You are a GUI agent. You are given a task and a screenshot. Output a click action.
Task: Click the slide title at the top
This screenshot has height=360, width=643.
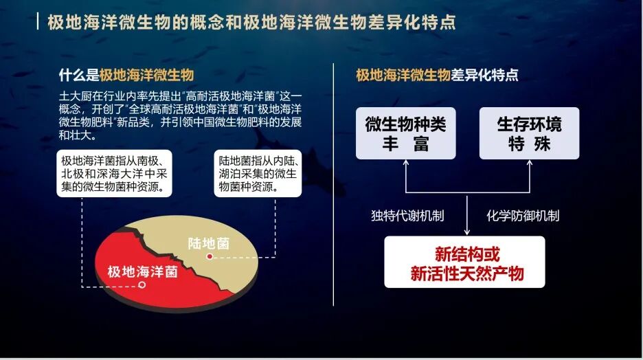tap(251, 22)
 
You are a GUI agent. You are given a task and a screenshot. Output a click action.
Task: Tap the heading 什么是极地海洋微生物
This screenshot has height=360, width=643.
tap(127, 75)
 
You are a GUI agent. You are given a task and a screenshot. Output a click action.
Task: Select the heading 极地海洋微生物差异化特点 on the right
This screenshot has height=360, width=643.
tap(437, 75)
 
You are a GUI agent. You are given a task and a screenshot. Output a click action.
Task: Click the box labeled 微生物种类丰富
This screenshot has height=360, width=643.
tap(405, 133)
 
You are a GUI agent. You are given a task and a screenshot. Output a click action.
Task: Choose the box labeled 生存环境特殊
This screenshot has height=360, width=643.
tap(529, 133)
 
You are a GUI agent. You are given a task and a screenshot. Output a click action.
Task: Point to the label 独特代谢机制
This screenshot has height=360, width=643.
tap(407, 216)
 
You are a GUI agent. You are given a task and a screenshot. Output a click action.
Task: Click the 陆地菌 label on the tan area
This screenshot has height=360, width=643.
tap(209, 243)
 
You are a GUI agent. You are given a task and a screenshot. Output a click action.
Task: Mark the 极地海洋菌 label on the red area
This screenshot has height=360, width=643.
tap(142, 271)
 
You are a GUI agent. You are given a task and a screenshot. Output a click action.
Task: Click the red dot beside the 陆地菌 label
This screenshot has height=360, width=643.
tap(208, 256)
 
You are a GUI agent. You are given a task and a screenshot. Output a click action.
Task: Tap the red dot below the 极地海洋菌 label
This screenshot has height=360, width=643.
tap(142, 284)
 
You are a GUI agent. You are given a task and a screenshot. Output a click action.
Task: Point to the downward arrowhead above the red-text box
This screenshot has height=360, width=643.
tap(466, 232)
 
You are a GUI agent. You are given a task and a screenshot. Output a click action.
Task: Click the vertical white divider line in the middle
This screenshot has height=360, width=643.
tap(333, 185)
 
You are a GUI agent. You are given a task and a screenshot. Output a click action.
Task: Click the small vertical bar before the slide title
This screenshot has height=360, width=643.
tap(37, 22)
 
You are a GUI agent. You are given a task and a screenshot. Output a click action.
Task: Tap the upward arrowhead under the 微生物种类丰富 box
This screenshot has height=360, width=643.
tap(405, 163)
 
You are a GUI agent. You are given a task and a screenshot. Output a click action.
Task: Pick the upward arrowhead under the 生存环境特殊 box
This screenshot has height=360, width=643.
tap(529, 163)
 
